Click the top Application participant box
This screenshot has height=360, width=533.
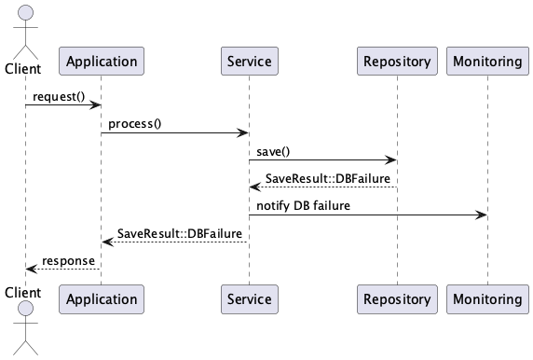click(x=101, y=62)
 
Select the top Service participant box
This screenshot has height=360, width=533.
click(x=249, y=62)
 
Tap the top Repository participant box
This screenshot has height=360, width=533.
click(x=397, y=62)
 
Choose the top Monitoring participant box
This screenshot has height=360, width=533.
click(x=486, y=62)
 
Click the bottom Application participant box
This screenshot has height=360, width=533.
click(x=101, y=299)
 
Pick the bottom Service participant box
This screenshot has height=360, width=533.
click(x=249, y=299)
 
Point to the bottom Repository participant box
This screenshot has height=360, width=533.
click(x=397, y=299)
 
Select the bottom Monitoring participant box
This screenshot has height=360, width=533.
click(x=486, y=299)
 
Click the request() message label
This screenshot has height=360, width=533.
click(x=59, y=97)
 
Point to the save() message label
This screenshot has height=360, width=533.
click(x=274, y=151)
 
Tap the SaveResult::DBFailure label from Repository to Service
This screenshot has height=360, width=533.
click(x=327, y=178)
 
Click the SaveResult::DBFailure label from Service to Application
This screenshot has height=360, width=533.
click(x=180, y=232)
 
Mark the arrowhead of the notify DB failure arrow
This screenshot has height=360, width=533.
click(x=482, y=215)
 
